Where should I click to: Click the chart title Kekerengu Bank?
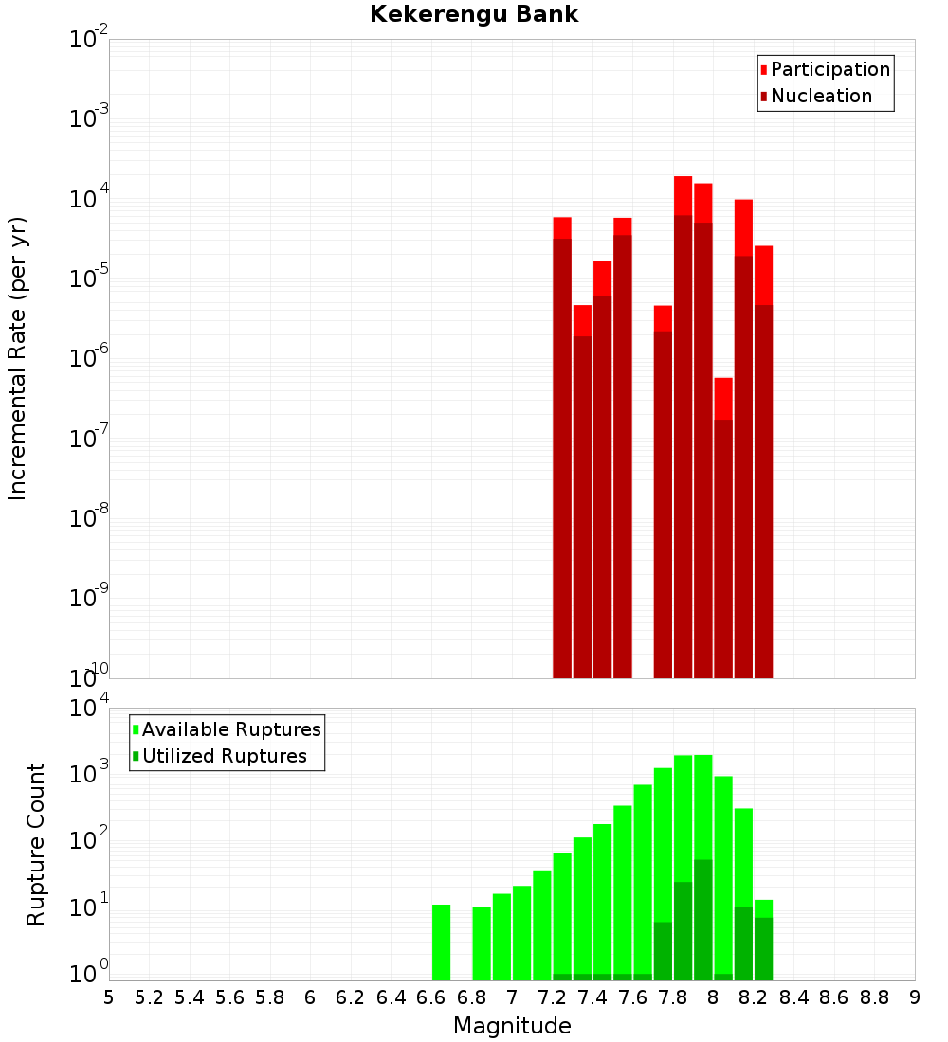pos(474,14)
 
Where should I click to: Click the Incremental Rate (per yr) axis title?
pos(18,358)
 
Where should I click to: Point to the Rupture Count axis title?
pos(36,844)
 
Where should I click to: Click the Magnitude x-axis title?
pos(512,1026)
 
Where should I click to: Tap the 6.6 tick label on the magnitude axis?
pos(431,997)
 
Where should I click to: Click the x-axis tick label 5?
pos(109,997)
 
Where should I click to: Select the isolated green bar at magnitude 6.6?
pos(441,943)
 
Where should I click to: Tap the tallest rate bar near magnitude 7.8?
pos(684,426)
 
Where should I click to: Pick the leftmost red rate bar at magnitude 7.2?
pos(562,445)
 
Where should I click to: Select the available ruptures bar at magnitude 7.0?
pos(521,933)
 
